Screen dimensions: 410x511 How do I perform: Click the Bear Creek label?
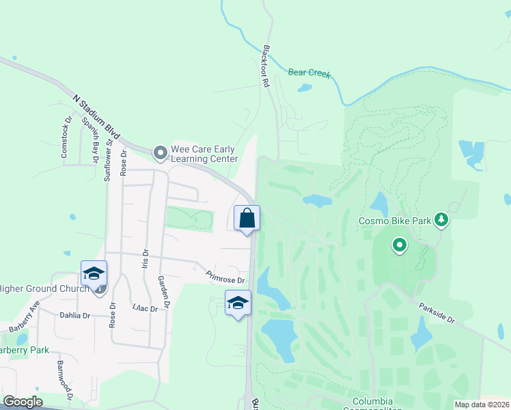pyautogui.click(x=309, y=72)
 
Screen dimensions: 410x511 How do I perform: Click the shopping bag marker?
pyautogui.click(x=247, y=219)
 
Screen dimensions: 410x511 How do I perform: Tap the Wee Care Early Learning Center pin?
pyautogui.click(x=160, y=152)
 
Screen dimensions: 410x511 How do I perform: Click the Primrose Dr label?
pyautogui.click(x=225, y=276)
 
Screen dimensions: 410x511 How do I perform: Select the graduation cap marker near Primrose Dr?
pyautogui.click(x=238, y=303)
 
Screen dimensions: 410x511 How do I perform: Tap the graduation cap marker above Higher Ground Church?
pyautogui.click(x=94, y=274)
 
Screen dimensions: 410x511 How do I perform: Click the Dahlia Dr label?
pyautogui.click(x=77, y=316)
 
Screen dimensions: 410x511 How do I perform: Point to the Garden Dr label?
pyautogui.click(x=163, y=290)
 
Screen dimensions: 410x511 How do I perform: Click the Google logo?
pyautogui.click(x=23, y=402)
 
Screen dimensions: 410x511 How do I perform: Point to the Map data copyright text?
pyautogui.click(x=482, y=405)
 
